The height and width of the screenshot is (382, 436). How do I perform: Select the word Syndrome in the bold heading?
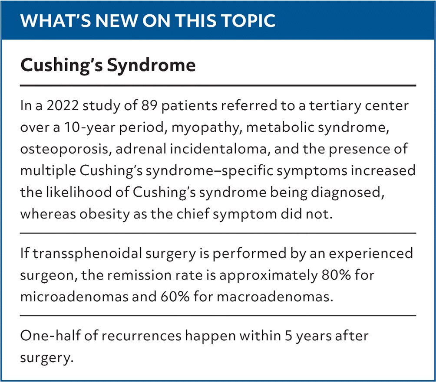[x=151, y=66]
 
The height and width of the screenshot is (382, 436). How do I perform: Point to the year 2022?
[x=63, y=105]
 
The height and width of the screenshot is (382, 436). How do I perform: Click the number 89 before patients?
[x=149, y=105]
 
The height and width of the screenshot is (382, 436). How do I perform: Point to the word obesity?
[x=105, y=214]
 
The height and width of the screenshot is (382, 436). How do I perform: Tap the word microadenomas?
[x=74, y=297]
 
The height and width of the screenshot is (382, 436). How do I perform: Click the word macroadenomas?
[x=275, y=297]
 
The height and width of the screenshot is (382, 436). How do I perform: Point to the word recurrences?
[x=141, y=336]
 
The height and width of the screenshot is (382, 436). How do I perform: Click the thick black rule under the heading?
[x=218, y=85]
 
